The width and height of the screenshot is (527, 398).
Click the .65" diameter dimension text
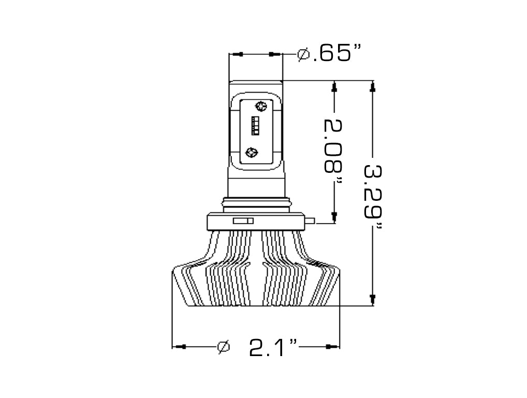click(337, 54)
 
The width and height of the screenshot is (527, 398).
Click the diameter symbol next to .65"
click(304, 54)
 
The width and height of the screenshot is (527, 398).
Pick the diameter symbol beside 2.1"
click(223, 346)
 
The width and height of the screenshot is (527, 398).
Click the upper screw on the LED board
click(260, 106)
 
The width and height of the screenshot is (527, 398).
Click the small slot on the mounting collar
click(243, 221)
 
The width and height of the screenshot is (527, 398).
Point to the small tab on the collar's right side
click(310, 222)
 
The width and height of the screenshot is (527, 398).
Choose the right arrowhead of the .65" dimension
click(275, 54)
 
